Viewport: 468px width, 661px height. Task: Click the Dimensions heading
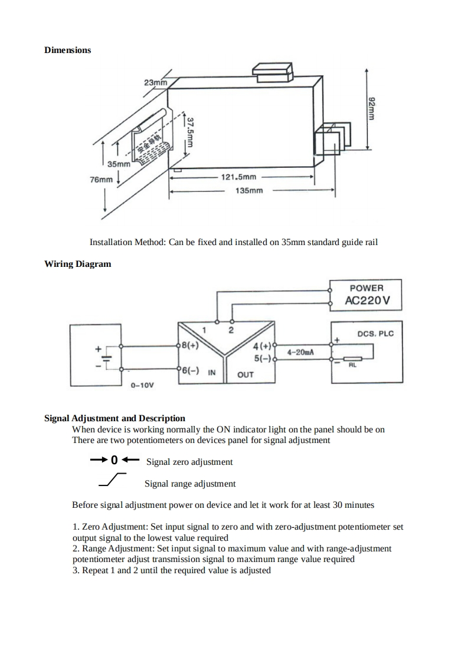[68, 50]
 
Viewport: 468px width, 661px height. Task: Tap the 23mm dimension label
[155, 82]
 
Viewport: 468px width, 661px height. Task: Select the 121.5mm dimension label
[238, 177]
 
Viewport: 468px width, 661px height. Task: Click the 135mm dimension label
[249, 191]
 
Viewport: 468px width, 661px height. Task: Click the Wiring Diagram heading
[77, 264]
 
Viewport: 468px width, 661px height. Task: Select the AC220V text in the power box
[368, 302]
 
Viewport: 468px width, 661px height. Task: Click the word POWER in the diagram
[366, 288]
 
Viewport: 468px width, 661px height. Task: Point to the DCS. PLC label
[375, 333]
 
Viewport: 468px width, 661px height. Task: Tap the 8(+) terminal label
[189, 346]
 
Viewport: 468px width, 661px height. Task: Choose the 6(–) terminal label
[189, 371]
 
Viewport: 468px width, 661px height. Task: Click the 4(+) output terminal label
[261, 346]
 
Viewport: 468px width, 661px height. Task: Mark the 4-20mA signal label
[300, 352]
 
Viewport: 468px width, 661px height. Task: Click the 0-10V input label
[142, 385]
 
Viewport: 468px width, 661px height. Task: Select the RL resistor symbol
[353, 359]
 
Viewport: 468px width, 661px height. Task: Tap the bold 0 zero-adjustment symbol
[114, 460]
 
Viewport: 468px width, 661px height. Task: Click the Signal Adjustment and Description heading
[114, 419]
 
